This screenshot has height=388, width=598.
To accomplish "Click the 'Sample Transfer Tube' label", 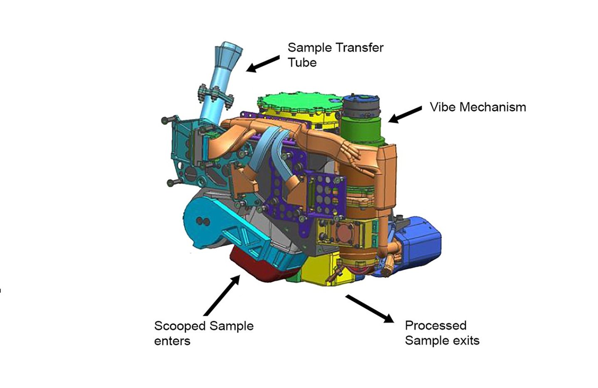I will click(x=335, y=55).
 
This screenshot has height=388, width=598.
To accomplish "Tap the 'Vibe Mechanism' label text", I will click(x=477, y=107).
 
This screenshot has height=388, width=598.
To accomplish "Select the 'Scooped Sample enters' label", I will click(x=203, y=333).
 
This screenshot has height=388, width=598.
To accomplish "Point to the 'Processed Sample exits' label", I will click(x=442, y=333).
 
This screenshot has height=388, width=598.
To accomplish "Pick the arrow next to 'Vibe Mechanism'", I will click(x=405, y=114).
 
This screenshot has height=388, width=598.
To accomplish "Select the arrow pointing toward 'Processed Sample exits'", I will click(x=369, y=308).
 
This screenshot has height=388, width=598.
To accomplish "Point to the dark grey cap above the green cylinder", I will click(x=361, y=106).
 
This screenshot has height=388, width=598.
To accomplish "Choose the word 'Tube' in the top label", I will click(x=302, y=62).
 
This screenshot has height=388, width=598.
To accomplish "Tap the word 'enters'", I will click(x=172, y=341).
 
